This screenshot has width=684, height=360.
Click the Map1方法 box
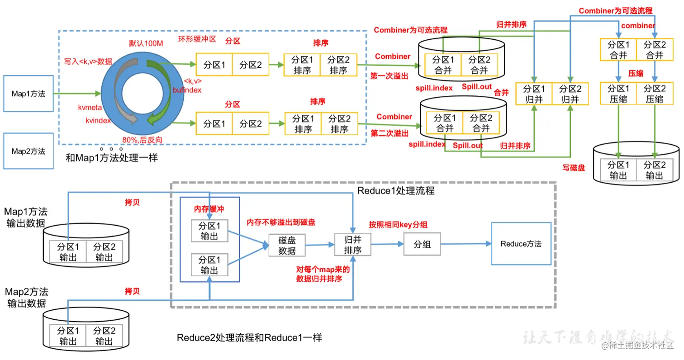tap(28, 94)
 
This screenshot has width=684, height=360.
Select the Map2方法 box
tap(28, 151)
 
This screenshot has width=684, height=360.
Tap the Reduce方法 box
tap(521, 244)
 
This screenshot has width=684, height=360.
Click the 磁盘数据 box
tap(287, 245)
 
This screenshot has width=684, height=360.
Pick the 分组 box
tap(422, 244)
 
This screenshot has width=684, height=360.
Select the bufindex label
tap(186, 90)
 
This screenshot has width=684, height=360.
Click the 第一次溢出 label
tap(389, 76)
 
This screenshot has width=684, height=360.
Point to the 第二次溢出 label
tap(389, 133)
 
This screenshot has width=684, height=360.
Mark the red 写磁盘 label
tap(574, 168)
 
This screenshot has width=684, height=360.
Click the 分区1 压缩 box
tap(618, 94)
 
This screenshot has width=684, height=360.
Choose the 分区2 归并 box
tap(569, 94)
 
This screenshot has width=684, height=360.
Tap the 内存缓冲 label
tap(209, 209)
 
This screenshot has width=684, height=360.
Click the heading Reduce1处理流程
tap(396, 191)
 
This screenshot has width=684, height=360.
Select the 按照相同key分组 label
tap(398, 224)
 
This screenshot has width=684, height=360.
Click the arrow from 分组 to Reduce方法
tap(466, 244)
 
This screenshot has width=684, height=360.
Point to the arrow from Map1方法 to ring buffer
tap(77, 94)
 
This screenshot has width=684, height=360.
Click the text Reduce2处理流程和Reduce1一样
tap(250, 338)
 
